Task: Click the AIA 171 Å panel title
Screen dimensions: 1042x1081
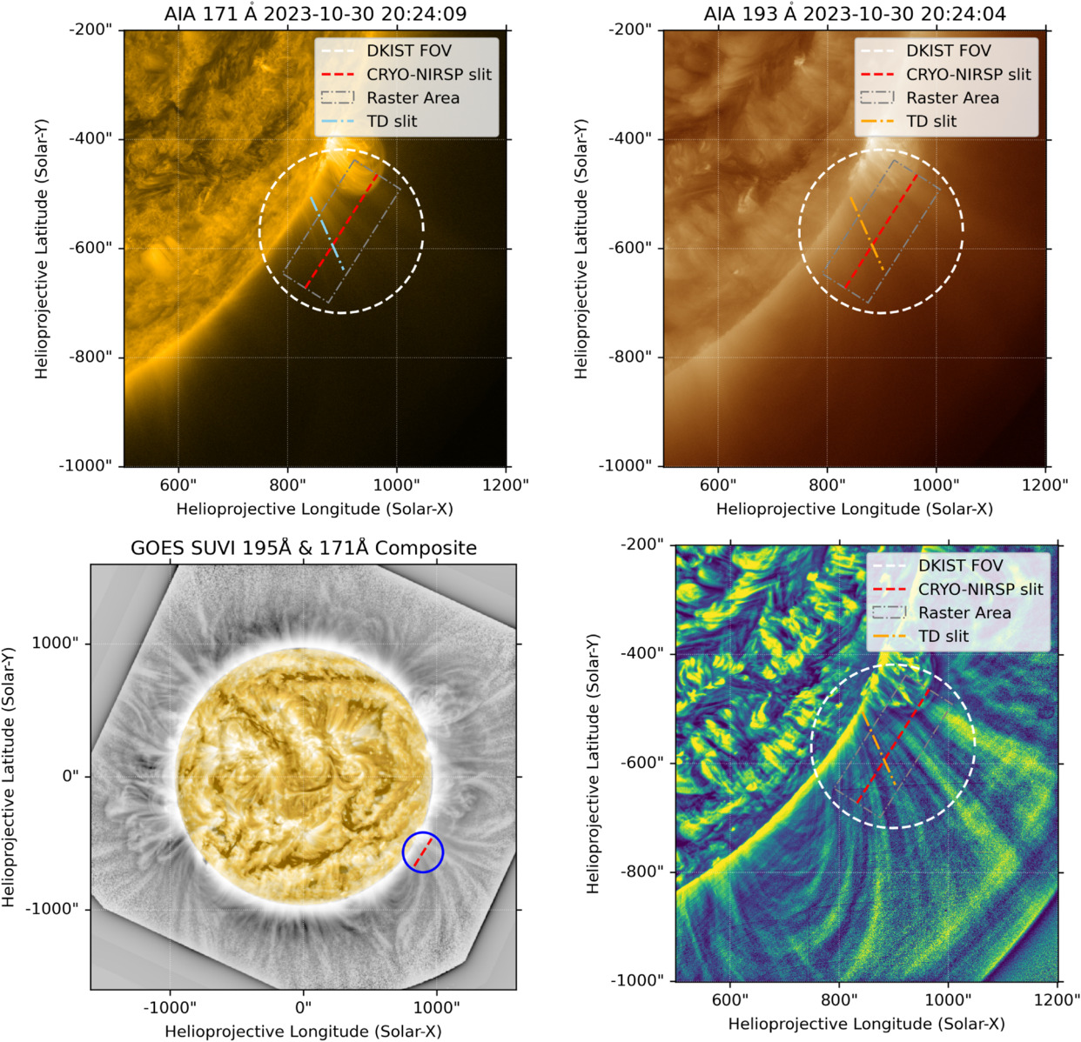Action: (x=314, y=14)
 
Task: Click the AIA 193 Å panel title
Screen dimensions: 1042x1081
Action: (x=854, y=14)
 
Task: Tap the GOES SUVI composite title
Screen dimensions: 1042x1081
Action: (x=304, y=548)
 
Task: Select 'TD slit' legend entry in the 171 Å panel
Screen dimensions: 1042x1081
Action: (x=392, y=122)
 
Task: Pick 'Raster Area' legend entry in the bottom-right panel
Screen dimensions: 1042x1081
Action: (x=964, y=613)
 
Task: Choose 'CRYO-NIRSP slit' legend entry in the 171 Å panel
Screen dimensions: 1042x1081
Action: (x=428, y=75)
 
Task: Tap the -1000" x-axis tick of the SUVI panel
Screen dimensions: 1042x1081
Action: (x=170, y=1007)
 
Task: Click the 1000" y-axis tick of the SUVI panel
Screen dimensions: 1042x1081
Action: (x=55, y=643)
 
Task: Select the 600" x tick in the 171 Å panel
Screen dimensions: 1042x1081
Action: (x=178, y=484)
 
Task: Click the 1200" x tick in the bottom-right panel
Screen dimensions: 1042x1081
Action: (x=1057, y=999)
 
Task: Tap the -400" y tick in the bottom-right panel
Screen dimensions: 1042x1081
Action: (x=641, y=653)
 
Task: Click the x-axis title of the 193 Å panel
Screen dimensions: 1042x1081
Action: (x=854, y=509)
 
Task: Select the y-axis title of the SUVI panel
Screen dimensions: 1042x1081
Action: (x=10, y=777)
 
